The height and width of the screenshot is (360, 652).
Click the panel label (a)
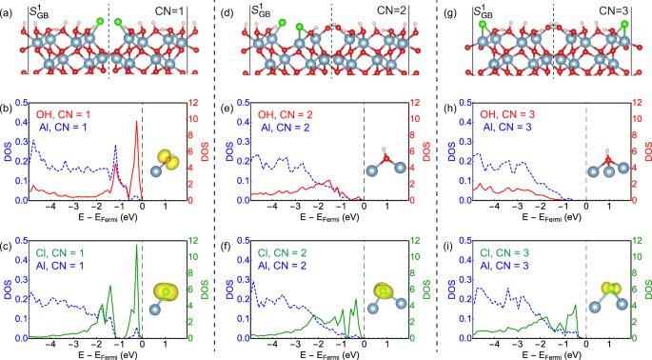(x=10, y=10)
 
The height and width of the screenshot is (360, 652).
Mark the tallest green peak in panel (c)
(x=136, y=247)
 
